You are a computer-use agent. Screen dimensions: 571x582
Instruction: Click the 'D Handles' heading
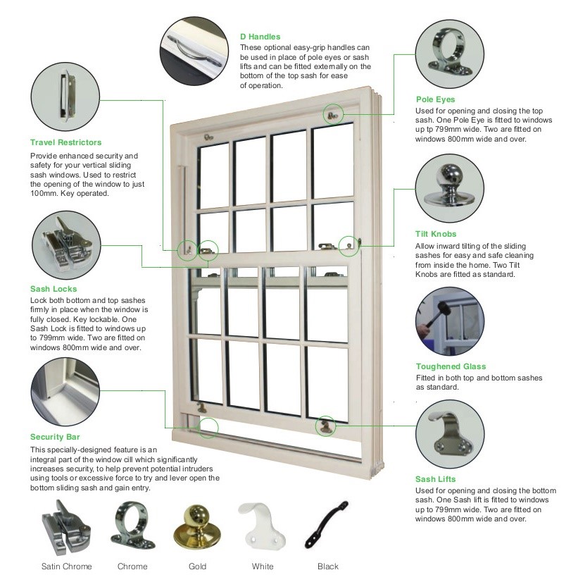tap(260, 37)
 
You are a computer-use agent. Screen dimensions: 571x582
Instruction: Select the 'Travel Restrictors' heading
tap(65, 142)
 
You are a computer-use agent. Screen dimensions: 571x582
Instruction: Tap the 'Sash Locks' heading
tap(54, 289)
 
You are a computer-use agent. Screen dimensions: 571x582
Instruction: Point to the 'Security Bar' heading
tap(55, 437)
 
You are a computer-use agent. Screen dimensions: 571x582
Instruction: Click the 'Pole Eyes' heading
tap(435, 99)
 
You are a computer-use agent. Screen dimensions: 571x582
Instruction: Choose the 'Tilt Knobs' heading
tap(436, 234)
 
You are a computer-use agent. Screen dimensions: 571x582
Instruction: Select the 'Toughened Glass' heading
tap(451, 366)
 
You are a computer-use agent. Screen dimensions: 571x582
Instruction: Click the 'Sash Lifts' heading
tap(435, 479)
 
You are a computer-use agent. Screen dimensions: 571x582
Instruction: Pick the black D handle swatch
tap(326, 524)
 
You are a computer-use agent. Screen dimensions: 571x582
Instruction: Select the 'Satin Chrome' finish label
tap(67, 566)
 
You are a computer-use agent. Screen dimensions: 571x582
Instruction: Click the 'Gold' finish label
tap(197, 566)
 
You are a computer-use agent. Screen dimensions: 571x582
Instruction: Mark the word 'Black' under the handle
tap(328, 566)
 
